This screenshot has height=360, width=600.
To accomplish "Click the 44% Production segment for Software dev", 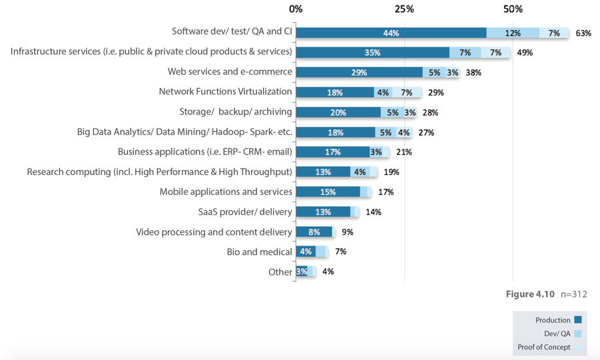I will (x=391, y=33).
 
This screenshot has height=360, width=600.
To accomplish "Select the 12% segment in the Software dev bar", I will (x=512, y=33).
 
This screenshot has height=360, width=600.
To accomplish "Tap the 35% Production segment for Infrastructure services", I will (x=372, y=53).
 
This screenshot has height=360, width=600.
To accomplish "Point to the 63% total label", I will (x=583, y=33).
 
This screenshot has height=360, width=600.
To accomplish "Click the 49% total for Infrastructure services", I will (x=525, y=53).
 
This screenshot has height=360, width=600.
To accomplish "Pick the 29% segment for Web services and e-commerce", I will (x=359, y=73).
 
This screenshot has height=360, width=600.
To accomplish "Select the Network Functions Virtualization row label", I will (x=225, y=92).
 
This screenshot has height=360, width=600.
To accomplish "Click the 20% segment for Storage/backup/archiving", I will (x=338, y=112).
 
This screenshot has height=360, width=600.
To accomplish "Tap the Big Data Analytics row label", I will (x=184, y=132).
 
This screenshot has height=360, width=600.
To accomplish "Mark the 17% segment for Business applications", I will (x=332, y=152).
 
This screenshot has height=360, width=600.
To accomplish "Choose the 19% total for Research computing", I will (x=391, y=172).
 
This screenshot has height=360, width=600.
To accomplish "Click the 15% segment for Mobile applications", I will (x=328, y=192).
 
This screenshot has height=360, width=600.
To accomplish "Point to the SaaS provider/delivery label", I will (x=245, y=212).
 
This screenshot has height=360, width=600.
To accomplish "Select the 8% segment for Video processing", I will (x=314, y=232).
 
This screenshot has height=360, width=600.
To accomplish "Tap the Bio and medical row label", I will (x=259, y=252).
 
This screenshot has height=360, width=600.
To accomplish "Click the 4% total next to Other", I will (x=328, y=271).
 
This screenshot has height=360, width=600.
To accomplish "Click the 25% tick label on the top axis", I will (x=404, y=9).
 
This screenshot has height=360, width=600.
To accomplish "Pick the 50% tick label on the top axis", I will (x=513, y=9).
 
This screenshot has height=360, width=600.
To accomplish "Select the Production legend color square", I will (x=578, y=320).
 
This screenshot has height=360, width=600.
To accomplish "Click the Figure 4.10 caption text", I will (x=530, y=294).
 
